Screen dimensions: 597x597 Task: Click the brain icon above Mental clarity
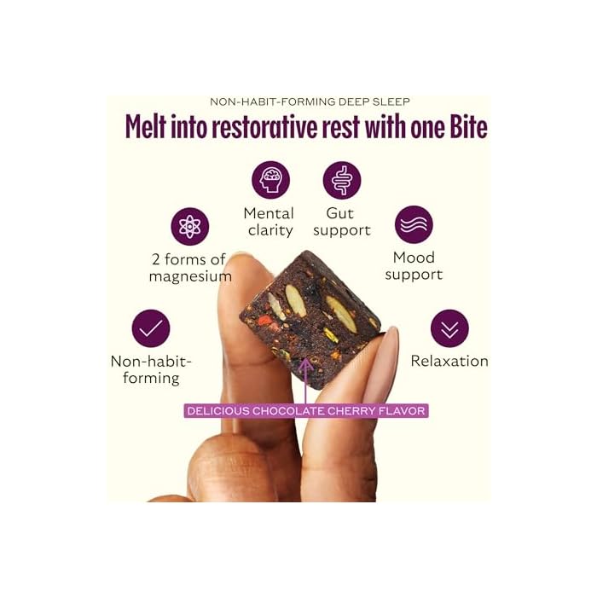coord(270,180)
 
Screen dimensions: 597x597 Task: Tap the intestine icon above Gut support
coord(342,180)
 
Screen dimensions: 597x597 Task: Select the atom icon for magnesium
coord(189,227)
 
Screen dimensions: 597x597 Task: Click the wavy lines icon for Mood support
coord(414,224)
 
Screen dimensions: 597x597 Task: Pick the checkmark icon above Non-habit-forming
coord(151,328)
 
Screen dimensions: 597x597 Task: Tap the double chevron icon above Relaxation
coord(449,328)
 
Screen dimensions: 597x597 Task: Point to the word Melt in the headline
coord(146,126)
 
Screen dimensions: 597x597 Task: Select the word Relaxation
coord(449,361)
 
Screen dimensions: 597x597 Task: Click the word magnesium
coord(190,277)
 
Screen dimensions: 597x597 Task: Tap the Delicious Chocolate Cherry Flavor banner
coord(306,411)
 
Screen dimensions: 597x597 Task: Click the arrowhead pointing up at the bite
coord(305,364)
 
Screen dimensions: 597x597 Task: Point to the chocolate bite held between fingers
coord(309,319)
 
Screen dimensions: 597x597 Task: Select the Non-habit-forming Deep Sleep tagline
coord(310,101)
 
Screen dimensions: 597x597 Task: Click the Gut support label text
coord(341,222)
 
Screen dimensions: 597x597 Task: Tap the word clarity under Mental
coord(270,230)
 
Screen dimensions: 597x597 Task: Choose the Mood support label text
coord(414,266)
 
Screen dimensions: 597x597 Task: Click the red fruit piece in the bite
coord(266,322)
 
